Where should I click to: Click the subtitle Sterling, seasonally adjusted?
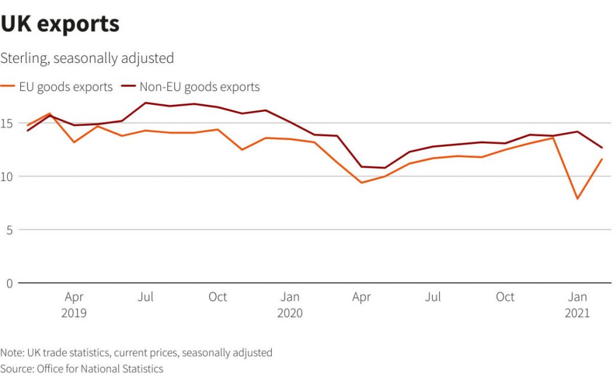point(87,58)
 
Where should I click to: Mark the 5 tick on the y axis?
point(9,230)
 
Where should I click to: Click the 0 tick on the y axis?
point(9,283)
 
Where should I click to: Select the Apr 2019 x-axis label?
point(74,304)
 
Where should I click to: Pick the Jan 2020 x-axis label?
point(290,304)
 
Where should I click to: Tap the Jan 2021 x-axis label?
point(578,304)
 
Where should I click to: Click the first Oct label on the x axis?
point(218,297)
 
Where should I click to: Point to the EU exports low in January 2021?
point(578,198)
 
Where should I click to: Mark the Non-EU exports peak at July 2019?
point(145,103)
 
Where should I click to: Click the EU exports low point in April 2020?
point(362,183)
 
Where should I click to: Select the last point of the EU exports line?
point(602,159)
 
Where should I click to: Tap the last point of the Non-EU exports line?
point(602,147)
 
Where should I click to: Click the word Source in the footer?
point(17,368)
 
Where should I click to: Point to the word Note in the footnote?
point(11,352)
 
